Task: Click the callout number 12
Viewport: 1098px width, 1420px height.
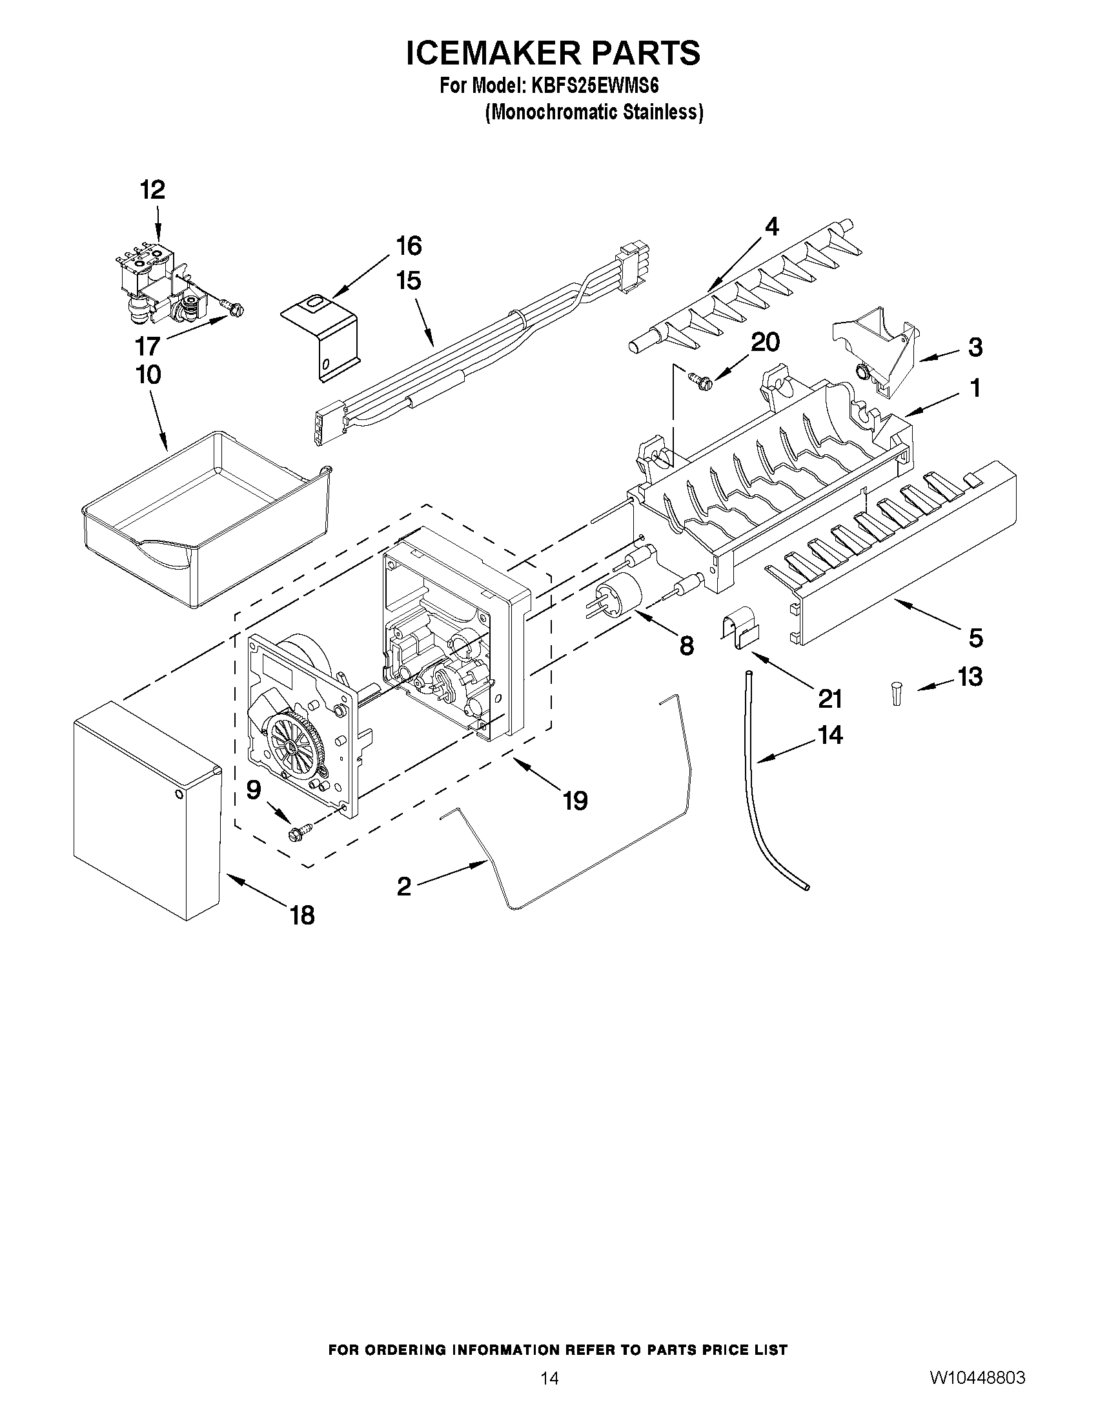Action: pos(153,190)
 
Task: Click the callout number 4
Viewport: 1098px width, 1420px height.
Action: pos(771,226)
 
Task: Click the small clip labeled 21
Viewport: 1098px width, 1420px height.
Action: pos(741,630)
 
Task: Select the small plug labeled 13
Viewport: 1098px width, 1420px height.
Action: pos(897,692)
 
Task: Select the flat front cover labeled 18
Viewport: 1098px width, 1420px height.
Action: pos(145,810)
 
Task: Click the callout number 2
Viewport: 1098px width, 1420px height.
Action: pos(404,886)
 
